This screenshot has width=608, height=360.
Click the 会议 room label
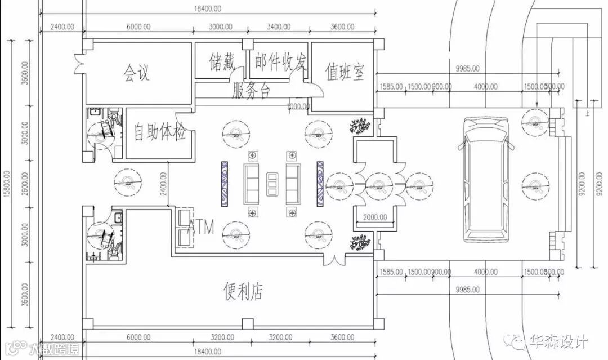(136, 73)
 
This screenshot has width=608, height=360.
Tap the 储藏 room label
(221, 61)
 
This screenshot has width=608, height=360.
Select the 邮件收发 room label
(280, 61)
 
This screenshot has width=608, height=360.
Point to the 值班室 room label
(345, 72)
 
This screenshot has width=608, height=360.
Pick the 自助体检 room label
(160, 133)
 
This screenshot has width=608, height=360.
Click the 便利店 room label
(242, 290)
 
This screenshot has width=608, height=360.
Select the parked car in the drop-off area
(486, 180)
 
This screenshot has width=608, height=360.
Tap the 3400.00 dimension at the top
(279, 26)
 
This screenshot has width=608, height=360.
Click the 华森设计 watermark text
(558, 341)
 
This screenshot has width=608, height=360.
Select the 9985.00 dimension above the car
(468, 69)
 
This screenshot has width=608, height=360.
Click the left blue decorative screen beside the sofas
(223, 184)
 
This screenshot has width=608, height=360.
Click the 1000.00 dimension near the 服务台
(298, 106)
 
